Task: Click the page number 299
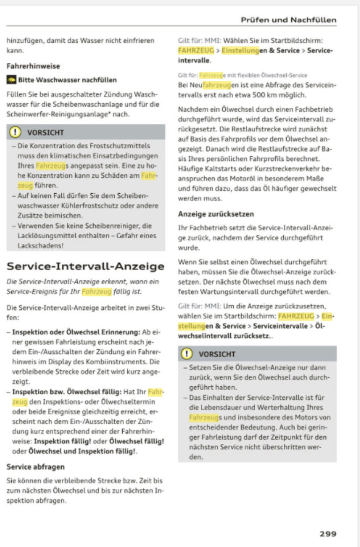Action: click(x=328, y=534)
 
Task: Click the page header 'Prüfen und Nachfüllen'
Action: click(x=288, y=20)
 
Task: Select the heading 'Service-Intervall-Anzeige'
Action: click(x=85, y=266)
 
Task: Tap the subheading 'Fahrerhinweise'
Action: click(x=33, y=66)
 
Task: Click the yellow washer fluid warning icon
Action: click(x=11, y=80)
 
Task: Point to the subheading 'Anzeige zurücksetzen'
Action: click(x=216, y=214)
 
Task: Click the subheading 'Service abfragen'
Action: click(x=35, y=467)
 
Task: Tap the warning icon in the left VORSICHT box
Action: click(x=15, y=132)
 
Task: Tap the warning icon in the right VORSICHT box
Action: click(x=187, y=354)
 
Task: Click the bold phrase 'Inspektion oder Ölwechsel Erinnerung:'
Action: click(x=76, y=332)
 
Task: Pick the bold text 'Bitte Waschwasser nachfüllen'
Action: click(x=68, y=80)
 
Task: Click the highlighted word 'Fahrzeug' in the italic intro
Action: click(x=96, y=292)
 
